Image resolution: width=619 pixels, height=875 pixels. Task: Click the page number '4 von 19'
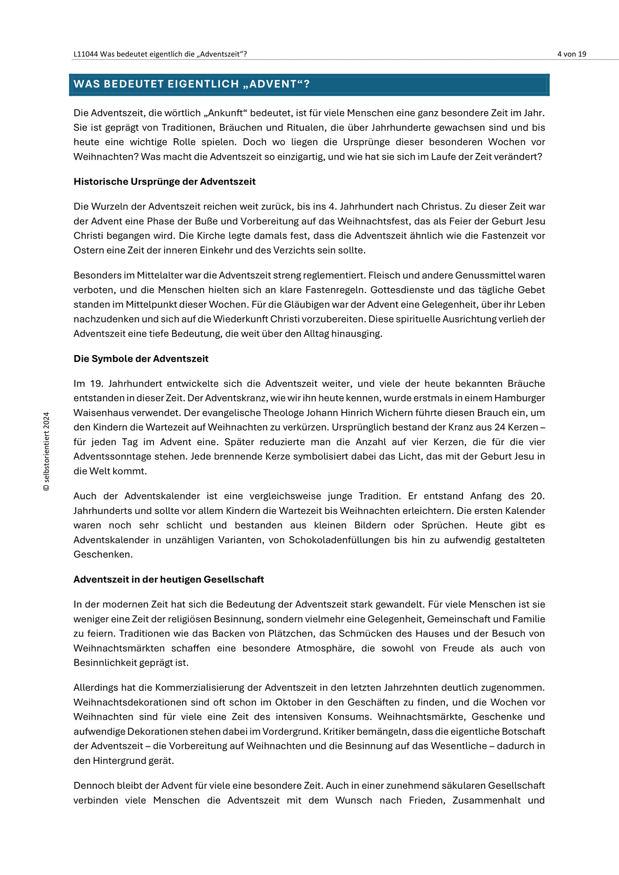tap(572, 54)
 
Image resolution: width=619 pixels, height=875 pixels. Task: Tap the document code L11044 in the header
tap(85, 54)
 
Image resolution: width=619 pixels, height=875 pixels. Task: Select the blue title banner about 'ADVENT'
tap(309, 84)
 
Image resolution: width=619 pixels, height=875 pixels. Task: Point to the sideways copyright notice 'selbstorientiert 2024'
tap(47, 451)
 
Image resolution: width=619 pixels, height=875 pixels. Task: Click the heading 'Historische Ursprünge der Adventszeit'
tap(165, 182)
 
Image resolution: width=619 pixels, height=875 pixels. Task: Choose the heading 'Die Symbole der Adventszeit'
tap(141, 358)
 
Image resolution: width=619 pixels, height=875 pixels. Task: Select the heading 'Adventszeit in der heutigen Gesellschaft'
tap(169, 579)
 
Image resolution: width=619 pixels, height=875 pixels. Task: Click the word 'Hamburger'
tap(519, 398)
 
